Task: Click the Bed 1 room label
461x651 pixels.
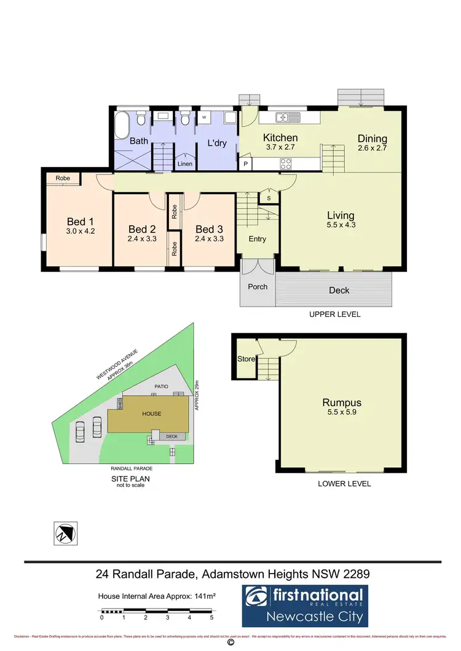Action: coord(81,222)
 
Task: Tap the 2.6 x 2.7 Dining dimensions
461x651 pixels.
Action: coord(372,149)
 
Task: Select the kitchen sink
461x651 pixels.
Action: coord(287,117)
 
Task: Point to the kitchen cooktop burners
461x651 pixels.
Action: coord(286,163)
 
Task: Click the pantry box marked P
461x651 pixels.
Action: coord(246,164)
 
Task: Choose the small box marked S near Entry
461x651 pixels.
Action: coord(269,198)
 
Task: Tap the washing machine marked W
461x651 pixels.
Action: coord(204,117)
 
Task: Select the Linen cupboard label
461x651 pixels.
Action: coord(185,164)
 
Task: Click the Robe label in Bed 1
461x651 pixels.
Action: coord(63,178)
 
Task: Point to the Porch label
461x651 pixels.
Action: coord(258,286)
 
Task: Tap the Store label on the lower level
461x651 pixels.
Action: coord(246,359)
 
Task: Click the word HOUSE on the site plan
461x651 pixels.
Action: coord(152,414)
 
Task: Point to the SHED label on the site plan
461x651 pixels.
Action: coord(120,403)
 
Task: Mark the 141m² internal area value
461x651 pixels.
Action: coord(201,596)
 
